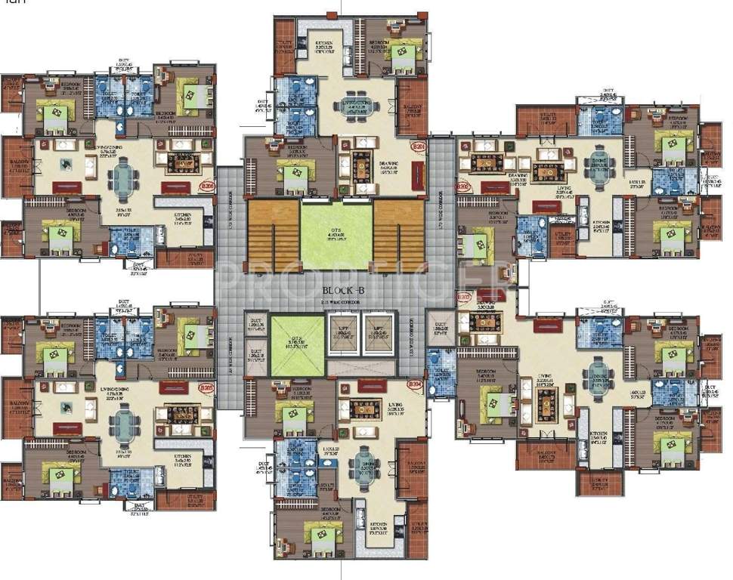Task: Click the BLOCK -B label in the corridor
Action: pyautogui.click(x=344, y=290)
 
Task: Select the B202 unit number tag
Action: pyautogui.click(x=462, y=185)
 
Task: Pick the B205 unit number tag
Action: pyautogui.click(x=206, y=388)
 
